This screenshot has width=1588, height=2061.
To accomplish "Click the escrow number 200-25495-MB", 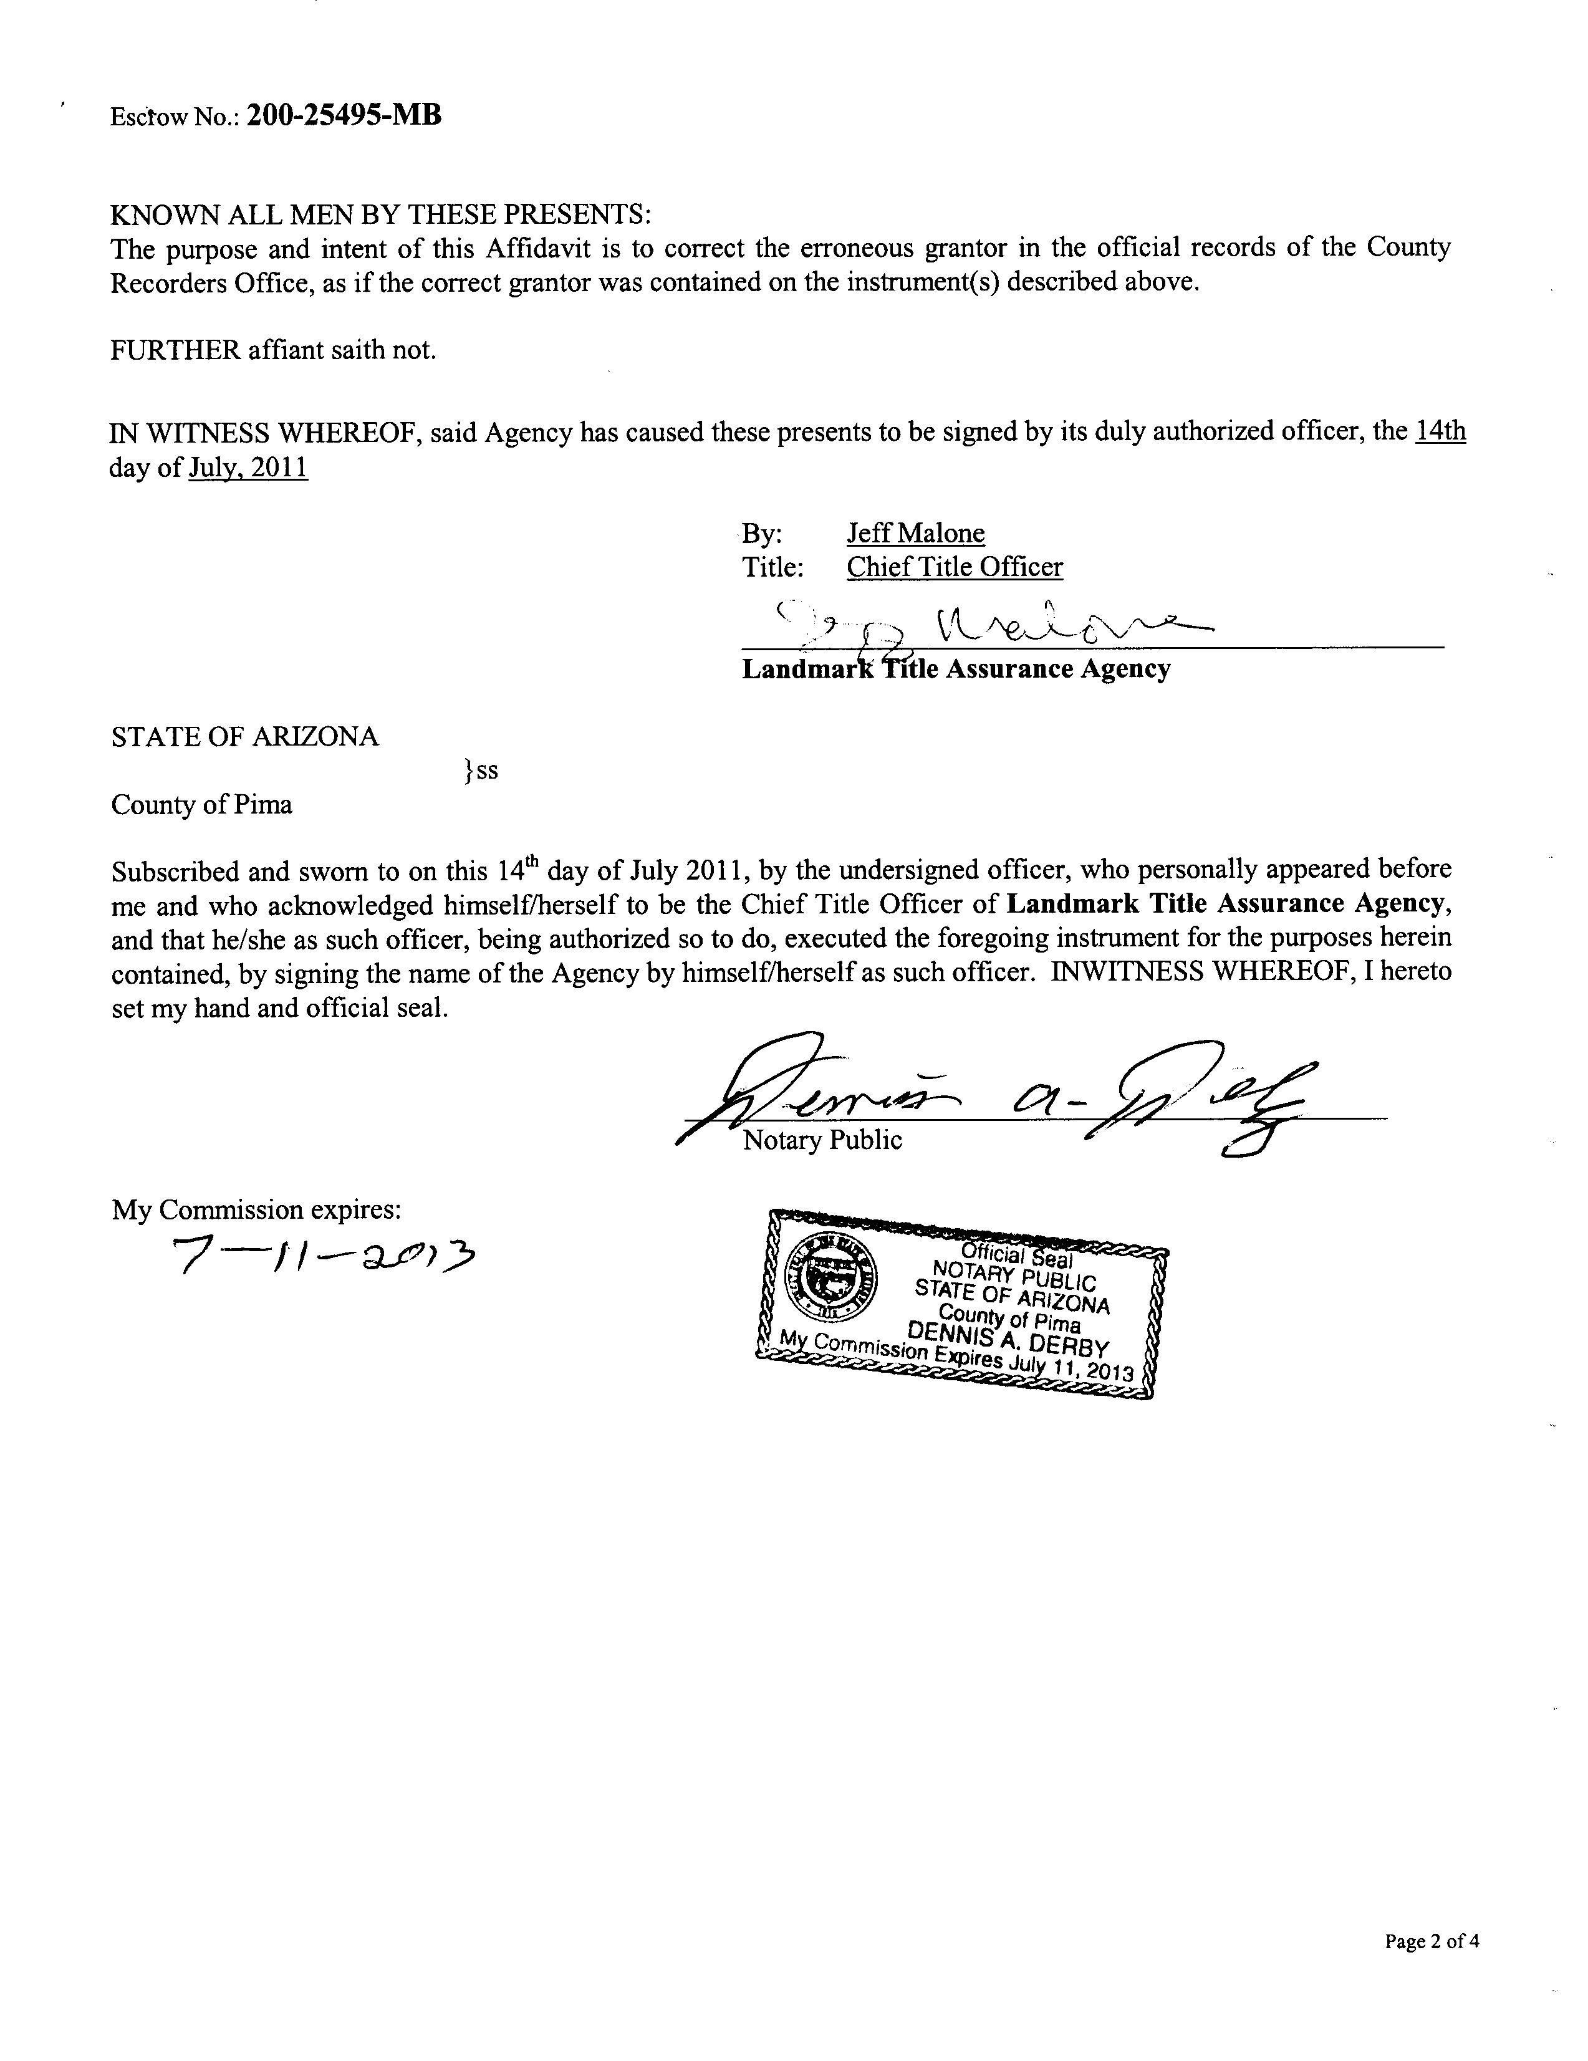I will (x=344, y=116).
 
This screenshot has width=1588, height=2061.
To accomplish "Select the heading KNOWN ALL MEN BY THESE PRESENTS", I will (x=380, y=214).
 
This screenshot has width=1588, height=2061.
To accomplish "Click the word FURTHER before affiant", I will (x=175, y=350).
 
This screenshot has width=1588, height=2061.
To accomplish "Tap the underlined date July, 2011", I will (x=248, y=468).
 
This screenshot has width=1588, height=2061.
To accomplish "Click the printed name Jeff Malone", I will (x=915, y=533).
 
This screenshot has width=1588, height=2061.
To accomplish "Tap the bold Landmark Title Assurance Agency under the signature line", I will (x=956, y=669).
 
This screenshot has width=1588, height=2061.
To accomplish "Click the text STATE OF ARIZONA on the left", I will (x=244, y=737).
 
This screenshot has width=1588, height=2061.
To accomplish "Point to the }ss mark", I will (x=480, y=771).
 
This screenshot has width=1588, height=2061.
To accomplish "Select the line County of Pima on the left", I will (x=202, y=805).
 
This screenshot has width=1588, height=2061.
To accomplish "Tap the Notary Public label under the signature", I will (x=822, y=1140).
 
